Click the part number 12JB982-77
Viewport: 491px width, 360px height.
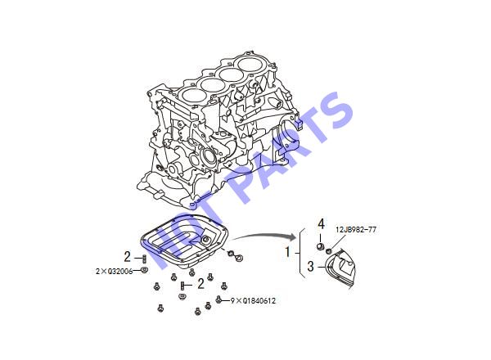[x=356, y=229]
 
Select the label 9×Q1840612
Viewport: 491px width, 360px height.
[x=254, y=301]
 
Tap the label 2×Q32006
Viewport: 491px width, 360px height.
[x=114, y=271]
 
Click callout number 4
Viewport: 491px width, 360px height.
[x=321, y=224]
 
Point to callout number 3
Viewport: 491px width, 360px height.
[x=310, y=267]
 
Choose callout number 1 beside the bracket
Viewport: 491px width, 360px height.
[x=287, y=252]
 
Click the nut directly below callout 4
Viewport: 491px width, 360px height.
[x=320, y=247]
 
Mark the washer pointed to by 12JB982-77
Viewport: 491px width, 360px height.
[x=329, y=250]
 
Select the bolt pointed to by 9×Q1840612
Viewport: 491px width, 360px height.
[x=218, y=300]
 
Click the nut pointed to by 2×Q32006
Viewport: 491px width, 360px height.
[x=144, y=270]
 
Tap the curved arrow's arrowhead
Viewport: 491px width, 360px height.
[x=293, y=236]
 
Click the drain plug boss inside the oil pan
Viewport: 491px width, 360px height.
[x=206, y=240]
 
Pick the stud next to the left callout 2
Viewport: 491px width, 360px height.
[x=144, y=259]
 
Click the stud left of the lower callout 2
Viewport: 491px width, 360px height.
[x=182, y=286]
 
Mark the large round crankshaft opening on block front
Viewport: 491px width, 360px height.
[x=208, y=157]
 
